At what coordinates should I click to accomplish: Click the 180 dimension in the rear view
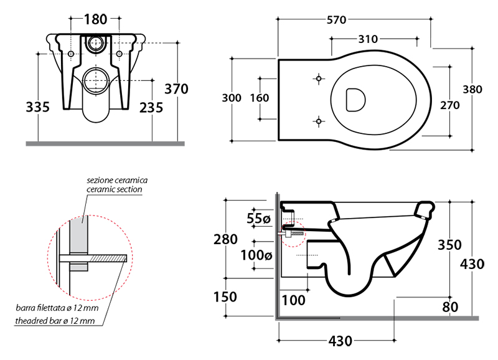point(95,19)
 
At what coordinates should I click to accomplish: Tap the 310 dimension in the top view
point(368,39)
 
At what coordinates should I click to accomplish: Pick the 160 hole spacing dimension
point(259,98)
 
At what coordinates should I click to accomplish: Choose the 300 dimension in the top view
point(232,98)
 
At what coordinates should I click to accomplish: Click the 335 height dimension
point(38,107)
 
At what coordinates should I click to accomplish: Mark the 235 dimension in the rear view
point(151,108)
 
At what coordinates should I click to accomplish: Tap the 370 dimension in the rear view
point(176,89)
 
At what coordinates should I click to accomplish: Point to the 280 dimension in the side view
point(225,239)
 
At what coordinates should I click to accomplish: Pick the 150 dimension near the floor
point(225,297)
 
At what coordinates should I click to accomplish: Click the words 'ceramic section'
point(115,189)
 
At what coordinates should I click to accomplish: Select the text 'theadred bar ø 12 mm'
point(55,321)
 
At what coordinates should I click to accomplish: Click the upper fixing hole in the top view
point(319,79)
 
